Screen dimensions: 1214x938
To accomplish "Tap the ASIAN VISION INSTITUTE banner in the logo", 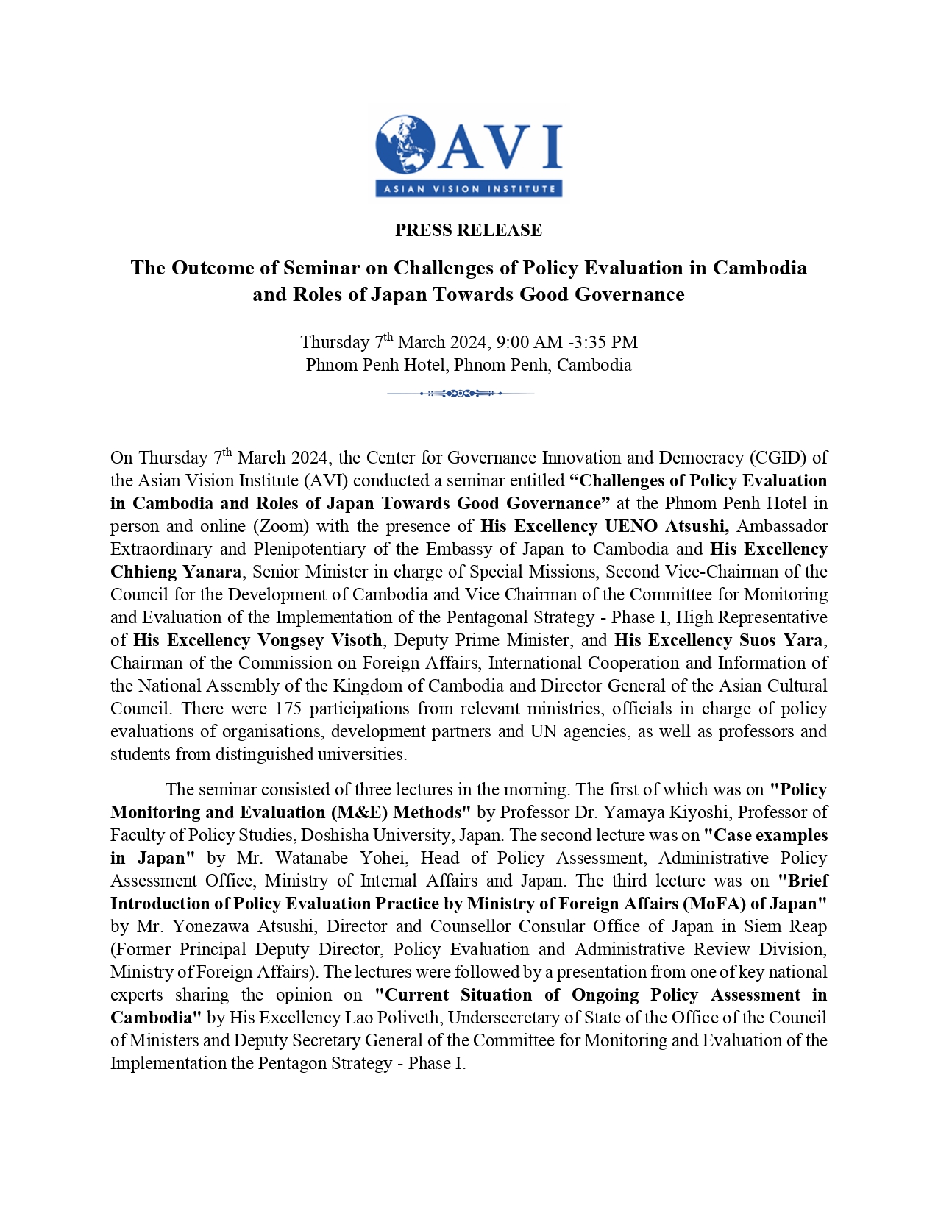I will pyautogui.click(x=469, y=189).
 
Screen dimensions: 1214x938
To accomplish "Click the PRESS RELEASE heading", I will pyautogui.click(x=469, y=230).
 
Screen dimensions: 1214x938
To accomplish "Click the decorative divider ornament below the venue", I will pyautogui.click(x=461, y=394).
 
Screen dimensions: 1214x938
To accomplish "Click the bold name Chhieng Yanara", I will pyautogui.click(x=176, y=572).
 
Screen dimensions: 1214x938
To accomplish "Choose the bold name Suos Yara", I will pyautogui.click(x=781, y=640).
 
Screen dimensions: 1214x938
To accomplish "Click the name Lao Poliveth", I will pyautogui.click(x=408, y=1018).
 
